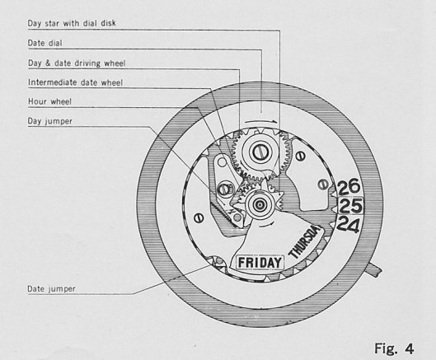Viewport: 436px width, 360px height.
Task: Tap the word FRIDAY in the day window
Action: click(x=260, y=263)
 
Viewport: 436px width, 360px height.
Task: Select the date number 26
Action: click(x=349, y=187)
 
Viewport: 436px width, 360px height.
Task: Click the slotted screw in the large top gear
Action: click(x=261, y=151)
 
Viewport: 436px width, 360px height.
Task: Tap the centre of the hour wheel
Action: click(x=260, y=204)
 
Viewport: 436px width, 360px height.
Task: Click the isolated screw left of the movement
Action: click(x=199, y=217)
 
